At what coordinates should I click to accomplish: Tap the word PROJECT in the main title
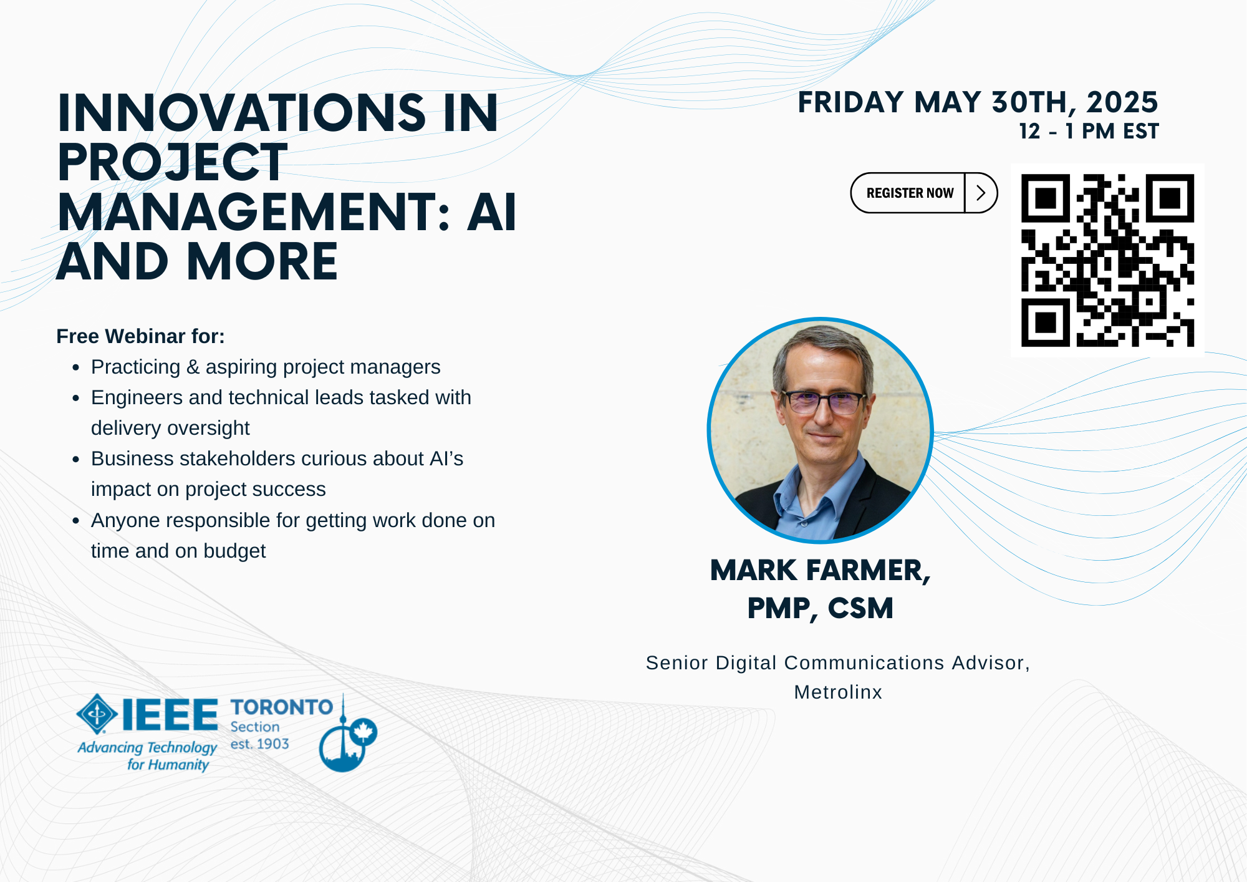point(173,162)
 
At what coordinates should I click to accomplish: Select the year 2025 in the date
point(1122,102)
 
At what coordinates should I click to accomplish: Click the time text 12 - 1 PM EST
point(1089,132)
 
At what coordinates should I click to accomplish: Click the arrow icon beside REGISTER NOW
point(981,193)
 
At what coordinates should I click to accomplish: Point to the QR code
point(1107,260)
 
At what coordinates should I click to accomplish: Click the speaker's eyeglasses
point(823,401)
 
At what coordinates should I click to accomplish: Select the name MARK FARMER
point(820,571)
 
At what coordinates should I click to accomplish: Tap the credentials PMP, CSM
point(821,609)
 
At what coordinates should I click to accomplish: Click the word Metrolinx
point(838,692)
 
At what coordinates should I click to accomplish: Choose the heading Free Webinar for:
point(140,336)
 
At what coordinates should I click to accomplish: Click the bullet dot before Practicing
point(76,367)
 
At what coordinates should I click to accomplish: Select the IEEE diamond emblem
point(97,714)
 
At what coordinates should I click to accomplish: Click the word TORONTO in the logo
point(282,707)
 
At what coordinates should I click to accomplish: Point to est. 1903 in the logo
point(259,744)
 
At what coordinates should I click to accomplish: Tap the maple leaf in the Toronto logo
point(364,731)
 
